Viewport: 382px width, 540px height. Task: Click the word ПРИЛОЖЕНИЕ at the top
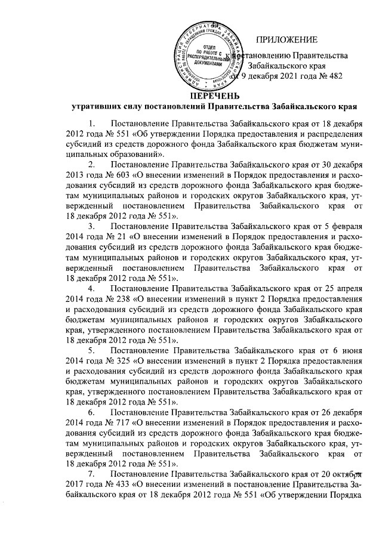coord(286,40)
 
